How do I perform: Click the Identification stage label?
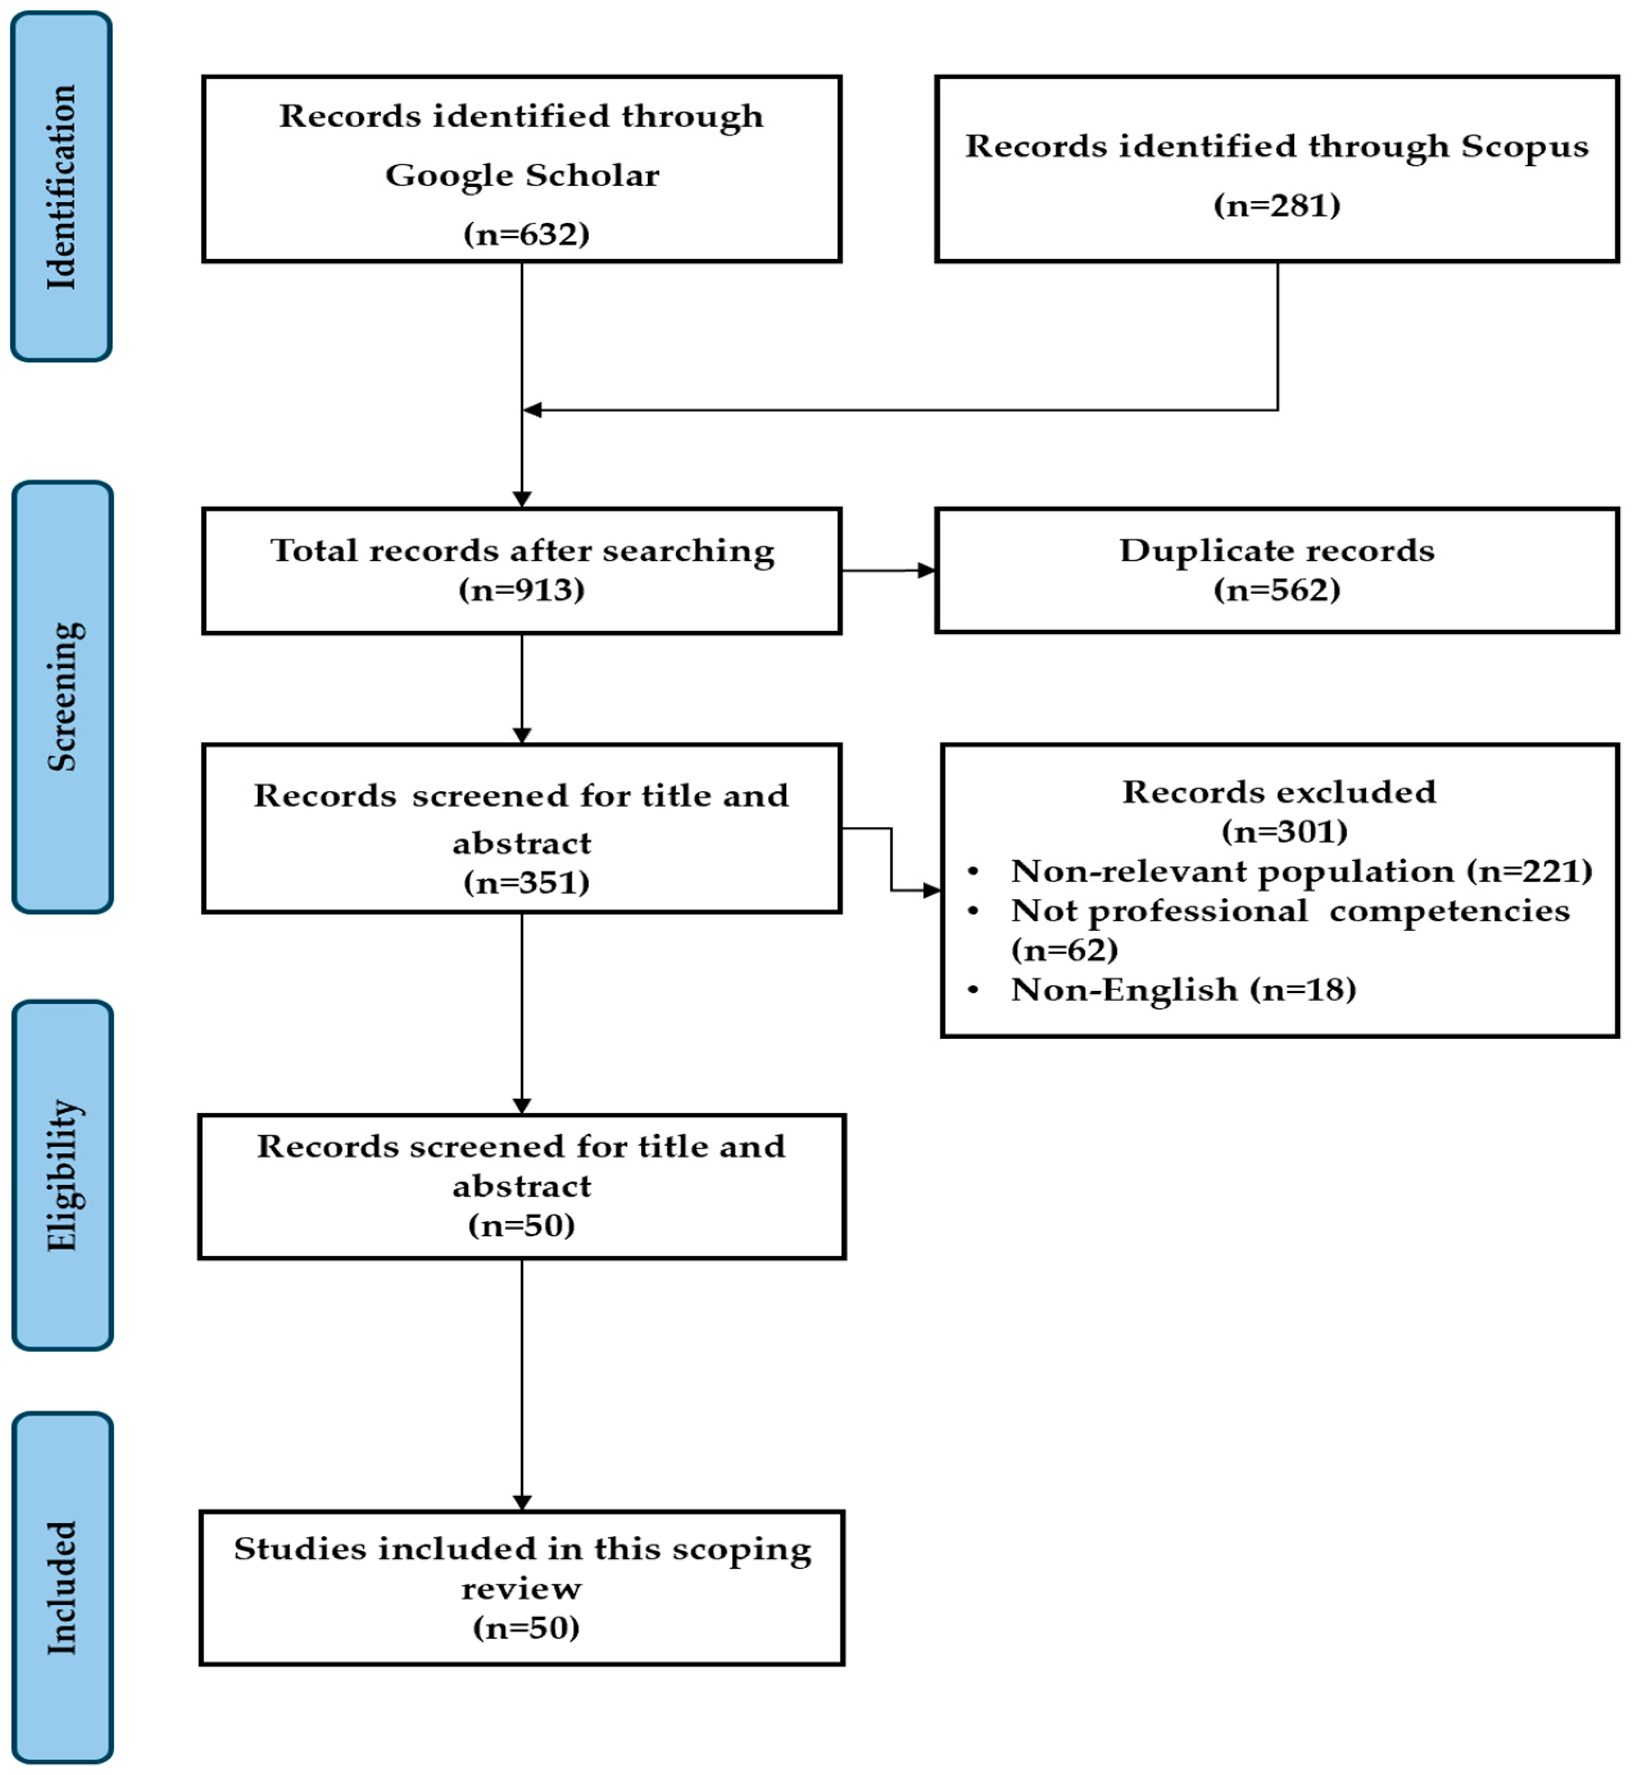tap(61, 187)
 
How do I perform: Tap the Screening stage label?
tap(62, 696)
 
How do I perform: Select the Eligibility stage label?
tap(62, 1175)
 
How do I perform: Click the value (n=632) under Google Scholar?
tap(526, 234)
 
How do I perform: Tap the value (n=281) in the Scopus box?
tap(1277, 205)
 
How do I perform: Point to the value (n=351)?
tap(526, 882)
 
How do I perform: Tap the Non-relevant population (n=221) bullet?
tap(1301, 871)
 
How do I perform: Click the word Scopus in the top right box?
tap(1524, 146)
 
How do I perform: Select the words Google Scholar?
tap(522, 175)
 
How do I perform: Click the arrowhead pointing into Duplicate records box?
tap(926, 570)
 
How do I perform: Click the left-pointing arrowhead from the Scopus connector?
tap(532, 410)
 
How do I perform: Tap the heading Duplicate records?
tap(1277, 551)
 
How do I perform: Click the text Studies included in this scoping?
tap(522, 1549)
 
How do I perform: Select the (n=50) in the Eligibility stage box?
tap(522, 1225)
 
